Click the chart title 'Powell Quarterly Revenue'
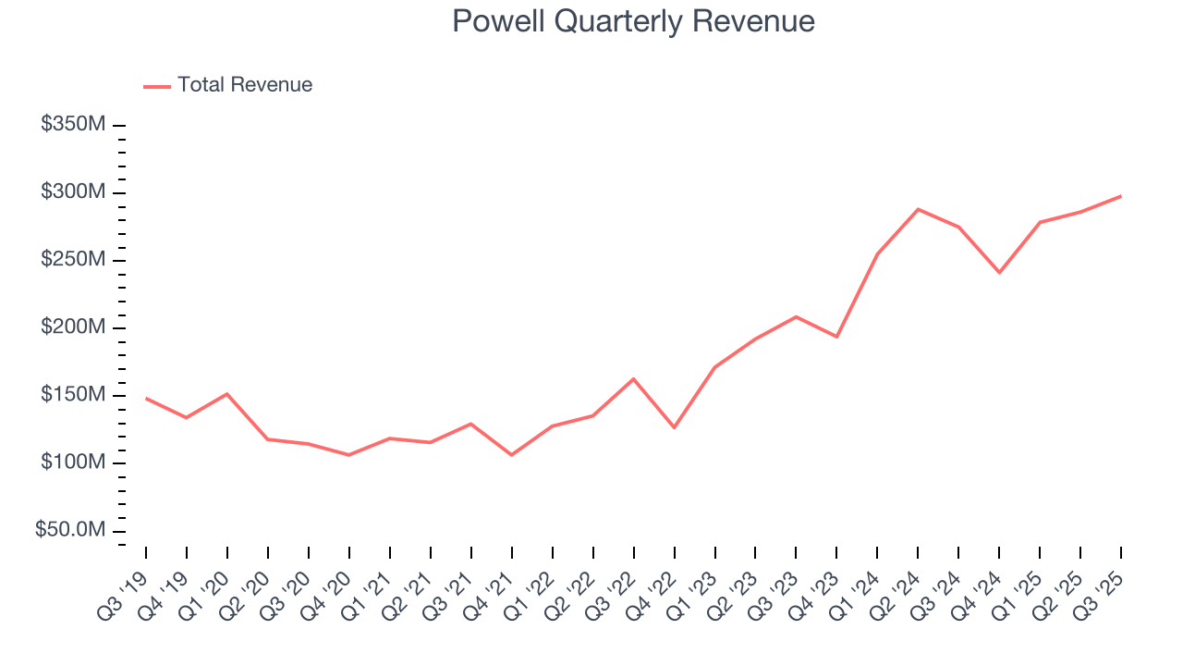[x=633, y=21]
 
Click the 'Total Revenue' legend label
[x=245, y=85]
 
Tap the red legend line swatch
[x=157, y=86]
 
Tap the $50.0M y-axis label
[x=69, y=530]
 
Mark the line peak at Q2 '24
[x=918, y=209]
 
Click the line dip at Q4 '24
[x=999, y=273]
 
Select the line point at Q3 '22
[x=633, y=378]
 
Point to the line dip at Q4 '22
[x=674, y=427]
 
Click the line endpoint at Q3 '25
[x=1121, y=196]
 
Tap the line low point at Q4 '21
[x=511, y=455]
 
